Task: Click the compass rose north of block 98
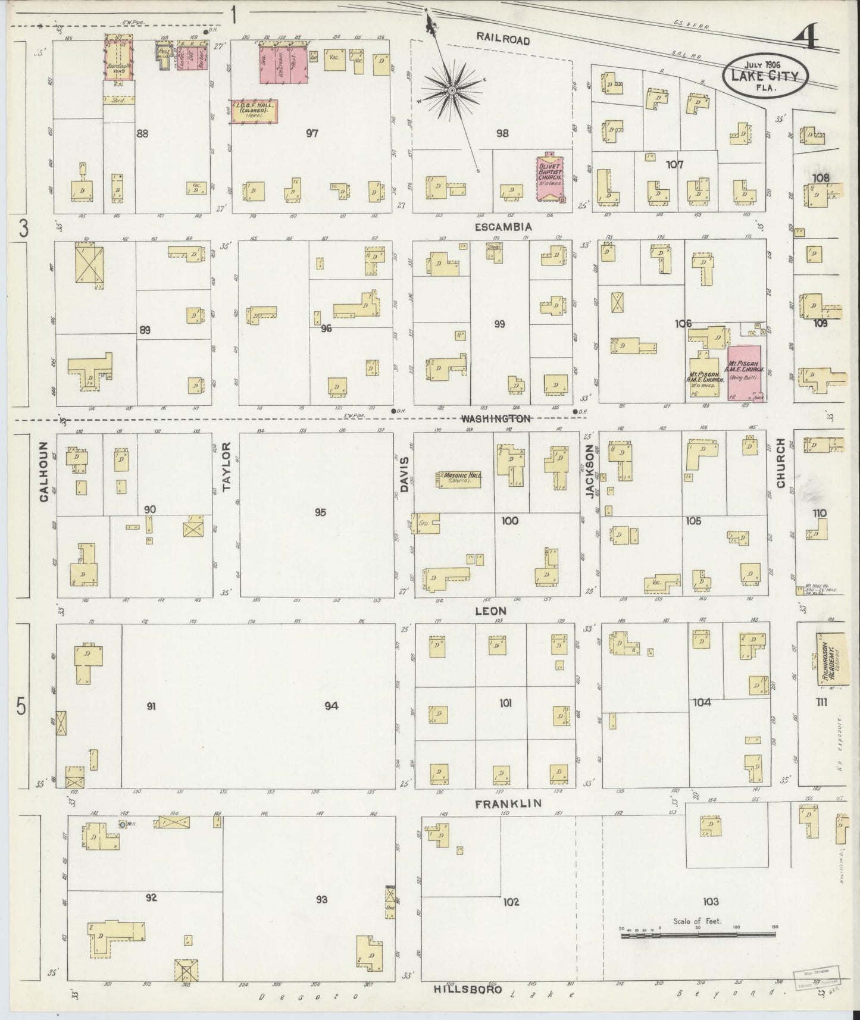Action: [x=451, y=90]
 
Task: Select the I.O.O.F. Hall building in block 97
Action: [x=254, y=111]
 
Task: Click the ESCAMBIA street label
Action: [x=503, y=227]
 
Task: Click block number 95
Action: [x=320, y=512]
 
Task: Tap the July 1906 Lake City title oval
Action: [x=765, y=76]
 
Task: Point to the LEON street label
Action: [x=491, y=611]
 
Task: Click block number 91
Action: [x=151, y=706]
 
